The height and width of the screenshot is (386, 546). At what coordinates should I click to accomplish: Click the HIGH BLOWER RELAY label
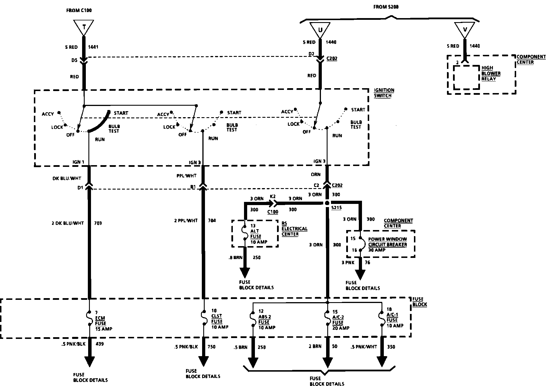[491, 73]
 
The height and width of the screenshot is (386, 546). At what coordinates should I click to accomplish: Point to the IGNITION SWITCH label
[384, 93]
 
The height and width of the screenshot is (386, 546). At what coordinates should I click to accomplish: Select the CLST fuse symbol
[204, 318]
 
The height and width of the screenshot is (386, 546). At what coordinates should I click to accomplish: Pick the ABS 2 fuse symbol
[253, 319]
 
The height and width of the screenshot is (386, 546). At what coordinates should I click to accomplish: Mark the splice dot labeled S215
[327, 203]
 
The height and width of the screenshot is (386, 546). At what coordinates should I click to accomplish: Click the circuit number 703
[98, 223]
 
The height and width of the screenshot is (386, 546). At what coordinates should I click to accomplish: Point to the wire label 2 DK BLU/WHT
[68, 223]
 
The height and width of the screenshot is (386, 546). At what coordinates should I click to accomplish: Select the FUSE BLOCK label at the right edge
[419, 302]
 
